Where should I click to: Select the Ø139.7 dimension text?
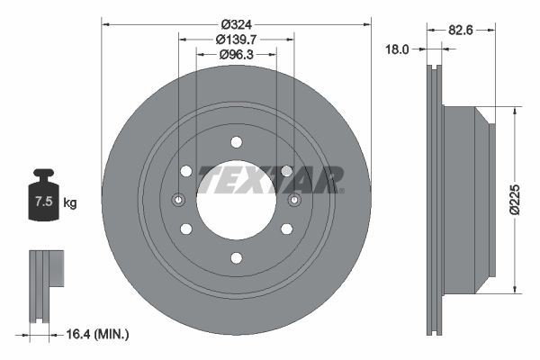pyautogui.click(x=237, y=39)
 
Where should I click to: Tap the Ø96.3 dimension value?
pyautogui.click(x=237, y=55)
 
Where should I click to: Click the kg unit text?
pyautogui.click(x=70, y=202)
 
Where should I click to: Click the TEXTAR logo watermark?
pyautogui.click(x=270, y=179)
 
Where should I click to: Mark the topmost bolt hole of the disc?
pyautogui.click(x=236, y=141)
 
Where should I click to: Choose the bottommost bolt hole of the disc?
pyautogui.click(x=236, y=258)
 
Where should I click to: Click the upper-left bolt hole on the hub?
pyautogui.click(x=186, y=171)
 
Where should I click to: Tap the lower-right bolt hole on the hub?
pyautogui.click(x=286, y=229)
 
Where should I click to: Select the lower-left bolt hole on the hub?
pyautogui.click(x=186, y=229)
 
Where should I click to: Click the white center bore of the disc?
pyautogui.click(x=236, y=200)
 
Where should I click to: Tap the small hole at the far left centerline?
pyautogui.click(x=178, y=200)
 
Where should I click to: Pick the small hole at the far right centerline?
pyautogui.click(x=294, y=200)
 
